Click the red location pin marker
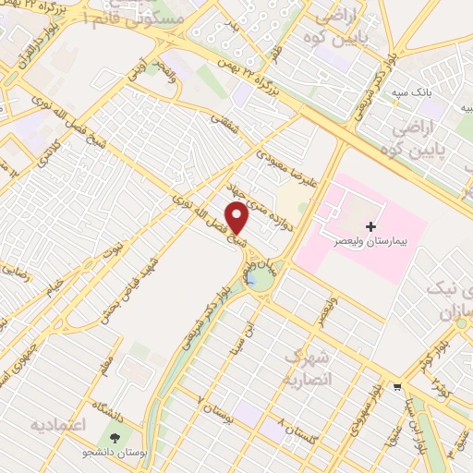(238, 219)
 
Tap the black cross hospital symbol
(370, 225)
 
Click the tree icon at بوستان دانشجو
(115, 438)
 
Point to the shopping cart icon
(397, 386)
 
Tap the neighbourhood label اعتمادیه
(58, 425)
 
